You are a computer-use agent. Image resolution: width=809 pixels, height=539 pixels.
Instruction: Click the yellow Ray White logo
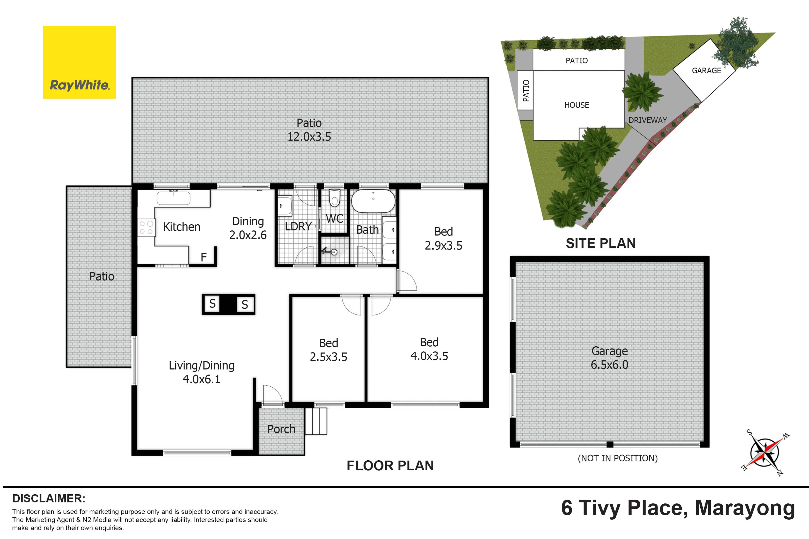pos(79,62)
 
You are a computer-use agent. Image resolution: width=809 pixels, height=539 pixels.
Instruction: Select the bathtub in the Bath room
pos(373,201)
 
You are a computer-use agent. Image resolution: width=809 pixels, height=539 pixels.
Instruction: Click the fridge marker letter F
pos(204,257)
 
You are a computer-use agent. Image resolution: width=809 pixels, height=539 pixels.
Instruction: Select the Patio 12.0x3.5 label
pos(309,130)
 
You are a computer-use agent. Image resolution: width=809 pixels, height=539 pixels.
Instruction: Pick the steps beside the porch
pos(316,421)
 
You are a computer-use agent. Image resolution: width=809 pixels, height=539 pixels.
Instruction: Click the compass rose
pos(765,452)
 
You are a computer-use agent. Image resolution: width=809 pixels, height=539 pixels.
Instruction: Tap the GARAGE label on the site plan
pos(706,71)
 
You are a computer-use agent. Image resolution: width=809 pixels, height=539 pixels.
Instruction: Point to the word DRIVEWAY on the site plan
pos(648,120)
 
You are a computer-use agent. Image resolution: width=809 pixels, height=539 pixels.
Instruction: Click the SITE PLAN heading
pos(600,243)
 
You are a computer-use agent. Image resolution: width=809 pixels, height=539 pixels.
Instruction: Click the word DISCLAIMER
pos(49,498)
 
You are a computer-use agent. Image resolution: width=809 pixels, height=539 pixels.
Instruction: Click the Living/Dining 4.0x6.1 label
pos(202,372)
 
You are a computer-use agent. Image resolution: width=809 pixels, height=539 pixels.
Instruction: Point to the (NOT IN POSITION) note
pos(618,458)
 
